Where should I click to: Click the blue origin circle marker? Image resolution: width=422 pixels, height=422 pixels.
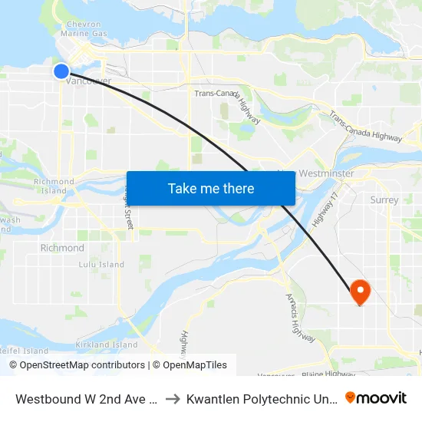click(61, 71)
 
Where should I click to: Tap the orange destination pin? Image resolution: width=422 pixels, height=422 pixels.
click(359, 291)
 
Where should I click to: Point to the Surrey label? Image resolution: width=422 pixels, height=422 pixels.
click(384, 200)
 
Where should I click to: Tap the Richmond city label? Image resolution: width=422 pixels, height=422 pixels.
click(62, 248)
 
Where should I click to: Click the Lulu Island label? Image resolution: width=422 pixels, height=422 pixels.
click(101, 265)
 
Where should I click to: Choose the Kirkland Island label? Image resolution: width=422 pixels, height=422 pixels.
click(104, 345)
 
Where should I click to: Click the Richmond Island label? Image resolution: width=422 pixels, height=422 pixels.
click(54, 186)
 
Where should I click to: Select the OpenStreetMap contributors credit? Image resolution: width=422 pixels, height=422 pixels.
click(82, 365)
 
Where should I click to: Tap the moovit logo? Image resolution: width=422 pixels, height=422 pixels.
click(375, 397)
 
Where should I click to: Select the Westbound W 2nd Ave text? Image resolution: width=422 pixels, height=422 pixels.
click(87, 398)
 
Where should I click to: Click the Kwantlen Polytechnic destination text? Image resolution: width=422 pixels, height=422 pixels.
click(260, 398)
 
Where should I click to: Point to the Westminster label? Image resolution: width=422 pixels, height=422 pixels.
click(326, 174)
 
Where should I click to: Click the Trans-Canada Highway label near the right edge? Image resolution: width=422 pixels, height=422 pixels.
click(365, 127)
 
